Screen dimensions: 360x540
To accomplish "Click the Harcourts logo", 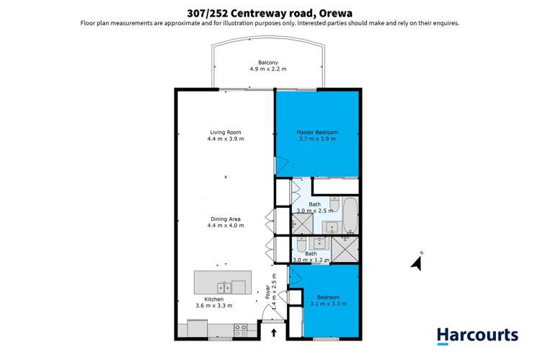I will click(477, 335).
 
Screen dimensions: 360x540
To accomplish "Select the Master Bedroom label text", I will click(317, 133).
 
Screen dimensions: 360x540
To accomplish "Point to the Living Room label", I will click(225, 133).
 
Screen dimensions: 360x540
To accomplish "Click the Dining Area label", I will click(225, 219).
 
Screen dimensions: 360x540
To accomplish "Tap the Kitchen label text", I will click(213, 299).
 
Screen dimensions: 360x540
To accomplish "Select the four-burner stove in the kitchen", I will click(241, 330).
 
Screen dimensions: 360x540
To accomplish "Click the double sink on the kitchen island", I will click(223, 286).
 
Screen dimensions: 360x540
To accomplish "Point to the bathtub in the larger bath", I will click(350, 215).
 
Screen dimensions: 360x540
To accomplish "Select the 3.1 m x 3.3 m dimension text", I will click(329, 304).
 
